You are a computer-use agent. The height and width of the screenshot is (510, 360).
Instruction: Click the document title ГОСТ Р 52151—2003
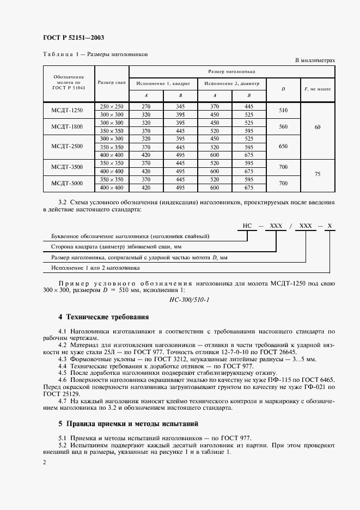click(x=73, y=38)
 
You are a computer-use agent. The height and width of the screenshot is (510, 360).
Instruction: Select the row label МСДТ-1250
click(x=69, y=111)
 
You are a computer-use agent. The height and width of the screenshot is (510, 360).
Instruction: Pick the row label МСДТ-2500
click(x=69, y=147)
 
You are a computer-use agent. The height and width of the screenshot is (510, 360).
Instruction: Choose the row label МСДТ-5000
click(x=69, y=184)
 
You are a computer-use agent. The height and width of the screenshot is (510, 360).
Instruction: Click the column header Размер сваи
click(x=112, y=83)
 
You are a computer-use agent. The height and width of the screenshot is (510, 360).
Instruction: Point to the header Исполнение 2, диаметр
click(x=231, y=84)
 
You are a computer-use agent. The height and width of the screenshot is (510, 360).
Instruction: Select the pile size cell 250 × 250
click(x=112, y=106)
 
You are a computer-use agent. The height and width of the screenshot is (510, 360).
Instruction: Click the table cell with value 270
click(x=145, y=106)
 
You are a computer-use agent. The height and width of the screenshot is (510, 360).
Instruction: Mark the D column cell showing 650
click(x=283, y=147)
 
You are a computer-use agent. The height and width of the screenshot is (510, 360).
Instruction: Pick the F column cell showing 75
click(x=318, y=175)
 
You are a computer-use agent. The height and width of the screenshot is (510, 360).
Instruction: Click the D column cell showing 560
click(x=283, y=127)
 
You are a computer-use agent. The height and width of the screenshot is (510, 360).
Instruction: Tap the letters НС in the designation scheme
click(x=247, y=226)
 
